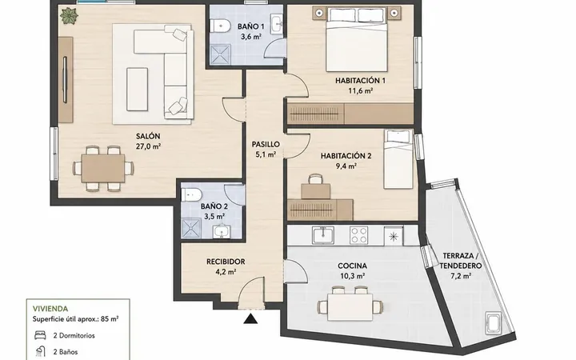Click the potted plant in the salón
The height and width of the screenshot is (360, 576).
tap(70, 15)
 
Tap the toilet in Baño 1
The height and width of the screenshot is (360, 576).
tap(219, 26)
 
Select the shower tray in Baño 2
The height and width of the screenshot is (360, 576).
tap(191, 228)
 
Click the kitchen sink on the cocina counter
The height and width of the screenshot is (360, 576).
tap(323, 235)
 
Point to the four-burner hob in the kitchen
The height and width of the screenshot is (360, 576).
tap(359, 235)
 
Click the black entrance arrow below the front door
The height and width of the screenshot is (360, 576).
tap(251, 319)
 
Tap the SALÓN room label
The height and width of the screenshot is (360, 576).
tap(148, 136)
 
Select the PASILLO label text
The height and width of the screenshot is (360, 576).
tap(266, 144)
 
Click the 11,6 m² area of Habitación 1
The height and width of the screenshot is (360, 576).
tap(361, 90)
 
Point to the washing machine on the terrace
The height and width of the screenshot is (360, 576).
tap(494, 323)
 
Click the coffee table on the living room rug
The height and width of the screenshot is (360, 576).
tap(138, 89)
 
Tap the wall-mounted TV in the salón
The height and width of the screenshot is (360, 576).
tap(66, 79)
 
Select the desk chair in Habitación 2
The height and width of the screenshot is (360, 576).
tap(315, 179)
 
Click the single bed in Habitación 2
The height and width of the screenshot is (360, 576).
tap(398, 159)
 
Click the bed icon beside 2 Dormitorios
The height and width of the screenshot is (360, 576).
tap(40, 335)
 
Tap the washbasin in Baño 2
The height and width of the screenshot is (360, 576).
tap(222, 231)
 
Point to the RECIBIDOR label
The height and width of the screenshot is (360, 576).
tap(226, 262)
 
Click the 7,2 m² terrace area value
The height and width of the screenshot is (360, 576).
tap(461, 275)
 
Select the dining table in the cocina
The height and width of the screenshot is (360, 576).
tap(350, 306)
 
